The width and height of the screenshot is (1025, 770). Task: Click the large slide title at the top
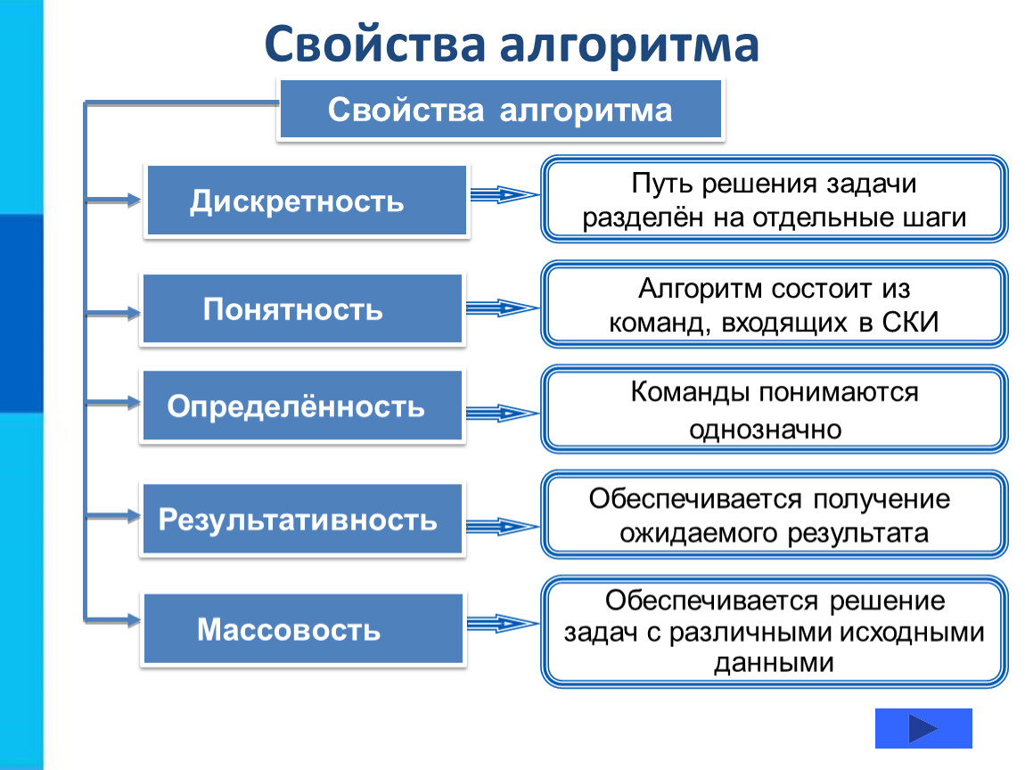(x=512, y=45)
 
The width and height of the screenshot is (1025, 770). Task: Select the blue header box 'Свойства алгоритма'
(x=500, y=111)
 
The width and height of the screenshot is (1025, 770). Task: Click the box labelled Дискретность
(x=306, y=201)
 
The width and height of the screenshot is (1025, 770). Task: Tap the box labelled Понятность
(x=302, y=309)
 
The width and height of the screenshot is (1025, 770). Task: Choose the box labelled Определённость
(x=301, y=406)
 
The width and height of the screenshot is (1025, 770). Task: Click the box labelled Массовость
(x=302, y=630)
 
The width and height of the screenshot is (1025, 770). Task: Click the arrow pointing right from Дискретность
(x=504, y=194)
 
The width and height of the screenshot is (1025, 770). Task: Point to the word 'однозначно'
(x=765, y=429)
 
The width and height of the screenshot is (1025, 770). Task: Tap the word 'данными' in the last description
(x=775, y=662)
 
